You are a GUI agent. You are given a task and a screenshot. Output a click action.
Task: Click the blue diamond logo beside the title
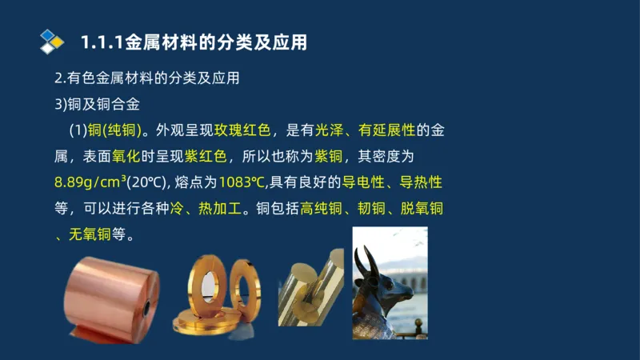(52, 41)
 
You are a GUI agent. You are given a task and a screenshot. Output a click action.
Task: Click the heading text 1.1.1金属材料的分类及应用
(194, 42)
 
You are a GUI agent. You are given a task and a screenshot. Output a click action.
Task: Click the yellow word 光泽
(334, 130)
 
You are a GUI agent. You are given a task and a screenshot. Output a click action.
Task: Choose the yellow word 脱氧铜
(416, 209)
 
